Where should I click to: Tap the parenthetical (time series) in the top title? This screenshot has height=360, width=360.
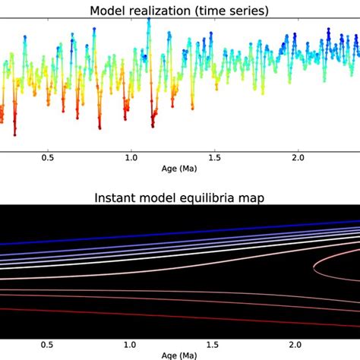[x=237, y=11]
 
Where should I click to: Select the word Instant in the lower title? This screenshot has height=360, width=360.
[x=118, y=198]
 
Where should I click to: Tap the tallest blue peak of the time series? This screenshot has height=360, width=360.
[x=149, y=21]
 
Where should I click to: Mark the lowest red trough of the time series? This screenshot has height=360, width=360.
[x=14, y=133]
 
